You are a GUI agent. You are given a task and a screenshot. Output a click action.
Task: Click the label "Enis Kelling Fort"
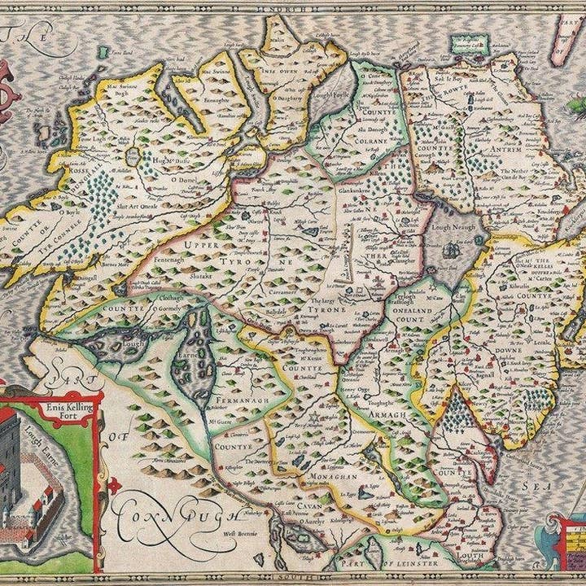coord(68,405)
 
